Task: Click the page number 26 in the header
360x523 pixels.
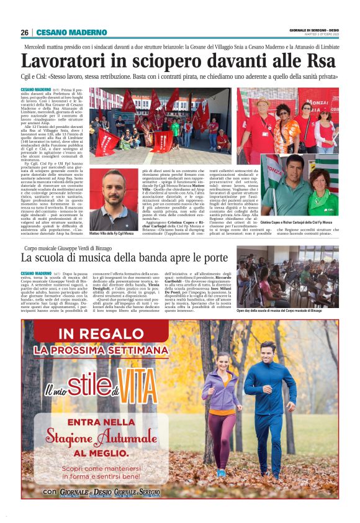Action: coord(24,32)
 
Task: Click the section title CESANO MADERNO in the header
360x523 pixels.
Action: coord(63,32)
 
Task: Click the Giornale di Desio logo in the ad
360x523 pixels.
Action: coord(87,492)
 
